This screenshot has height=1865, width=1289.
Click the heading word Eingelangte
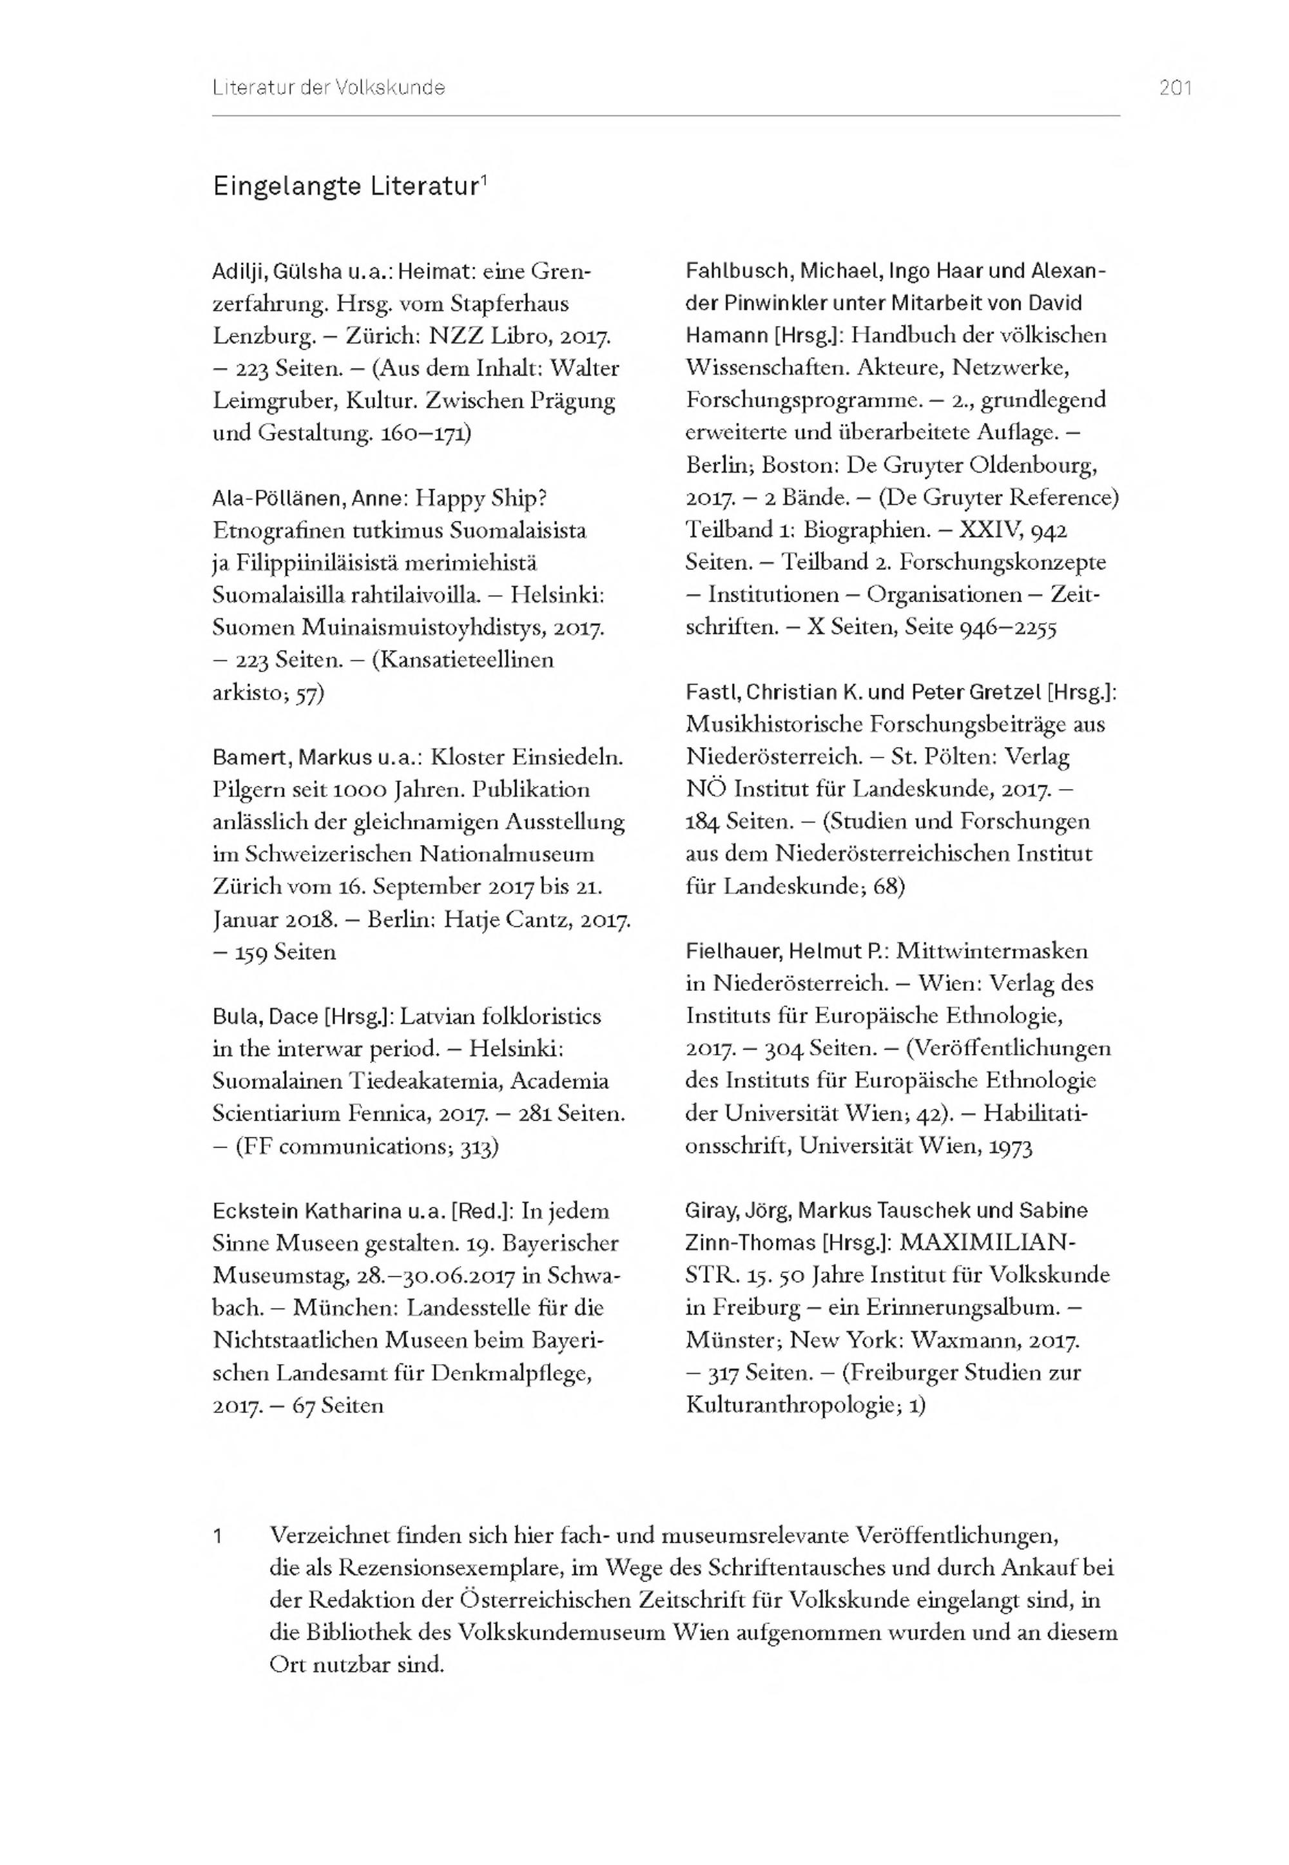[287, 186]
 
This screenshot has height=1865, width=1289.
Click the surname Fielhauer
[732, 952]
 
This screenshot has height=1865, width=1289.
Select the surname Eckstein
[255, 1211]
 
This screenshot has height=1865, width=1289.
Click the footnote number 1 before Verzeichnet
[217, 1536]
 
